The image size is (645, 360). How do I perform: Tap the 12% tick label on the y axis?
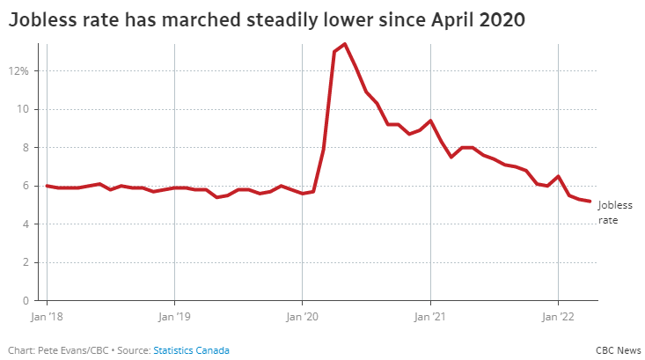19,70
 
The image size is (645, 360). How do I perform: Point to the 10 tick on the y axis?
24,109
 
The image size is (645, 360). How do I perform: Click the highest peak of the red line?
345,44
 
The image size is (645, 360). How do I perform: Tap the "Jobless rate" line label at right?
614,212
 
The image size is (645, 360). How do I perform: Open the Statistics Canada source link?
191,350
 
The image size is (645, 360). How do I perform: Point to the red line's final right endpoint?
590,202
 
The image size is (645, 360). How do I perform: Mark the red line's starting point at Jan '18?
47,186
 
